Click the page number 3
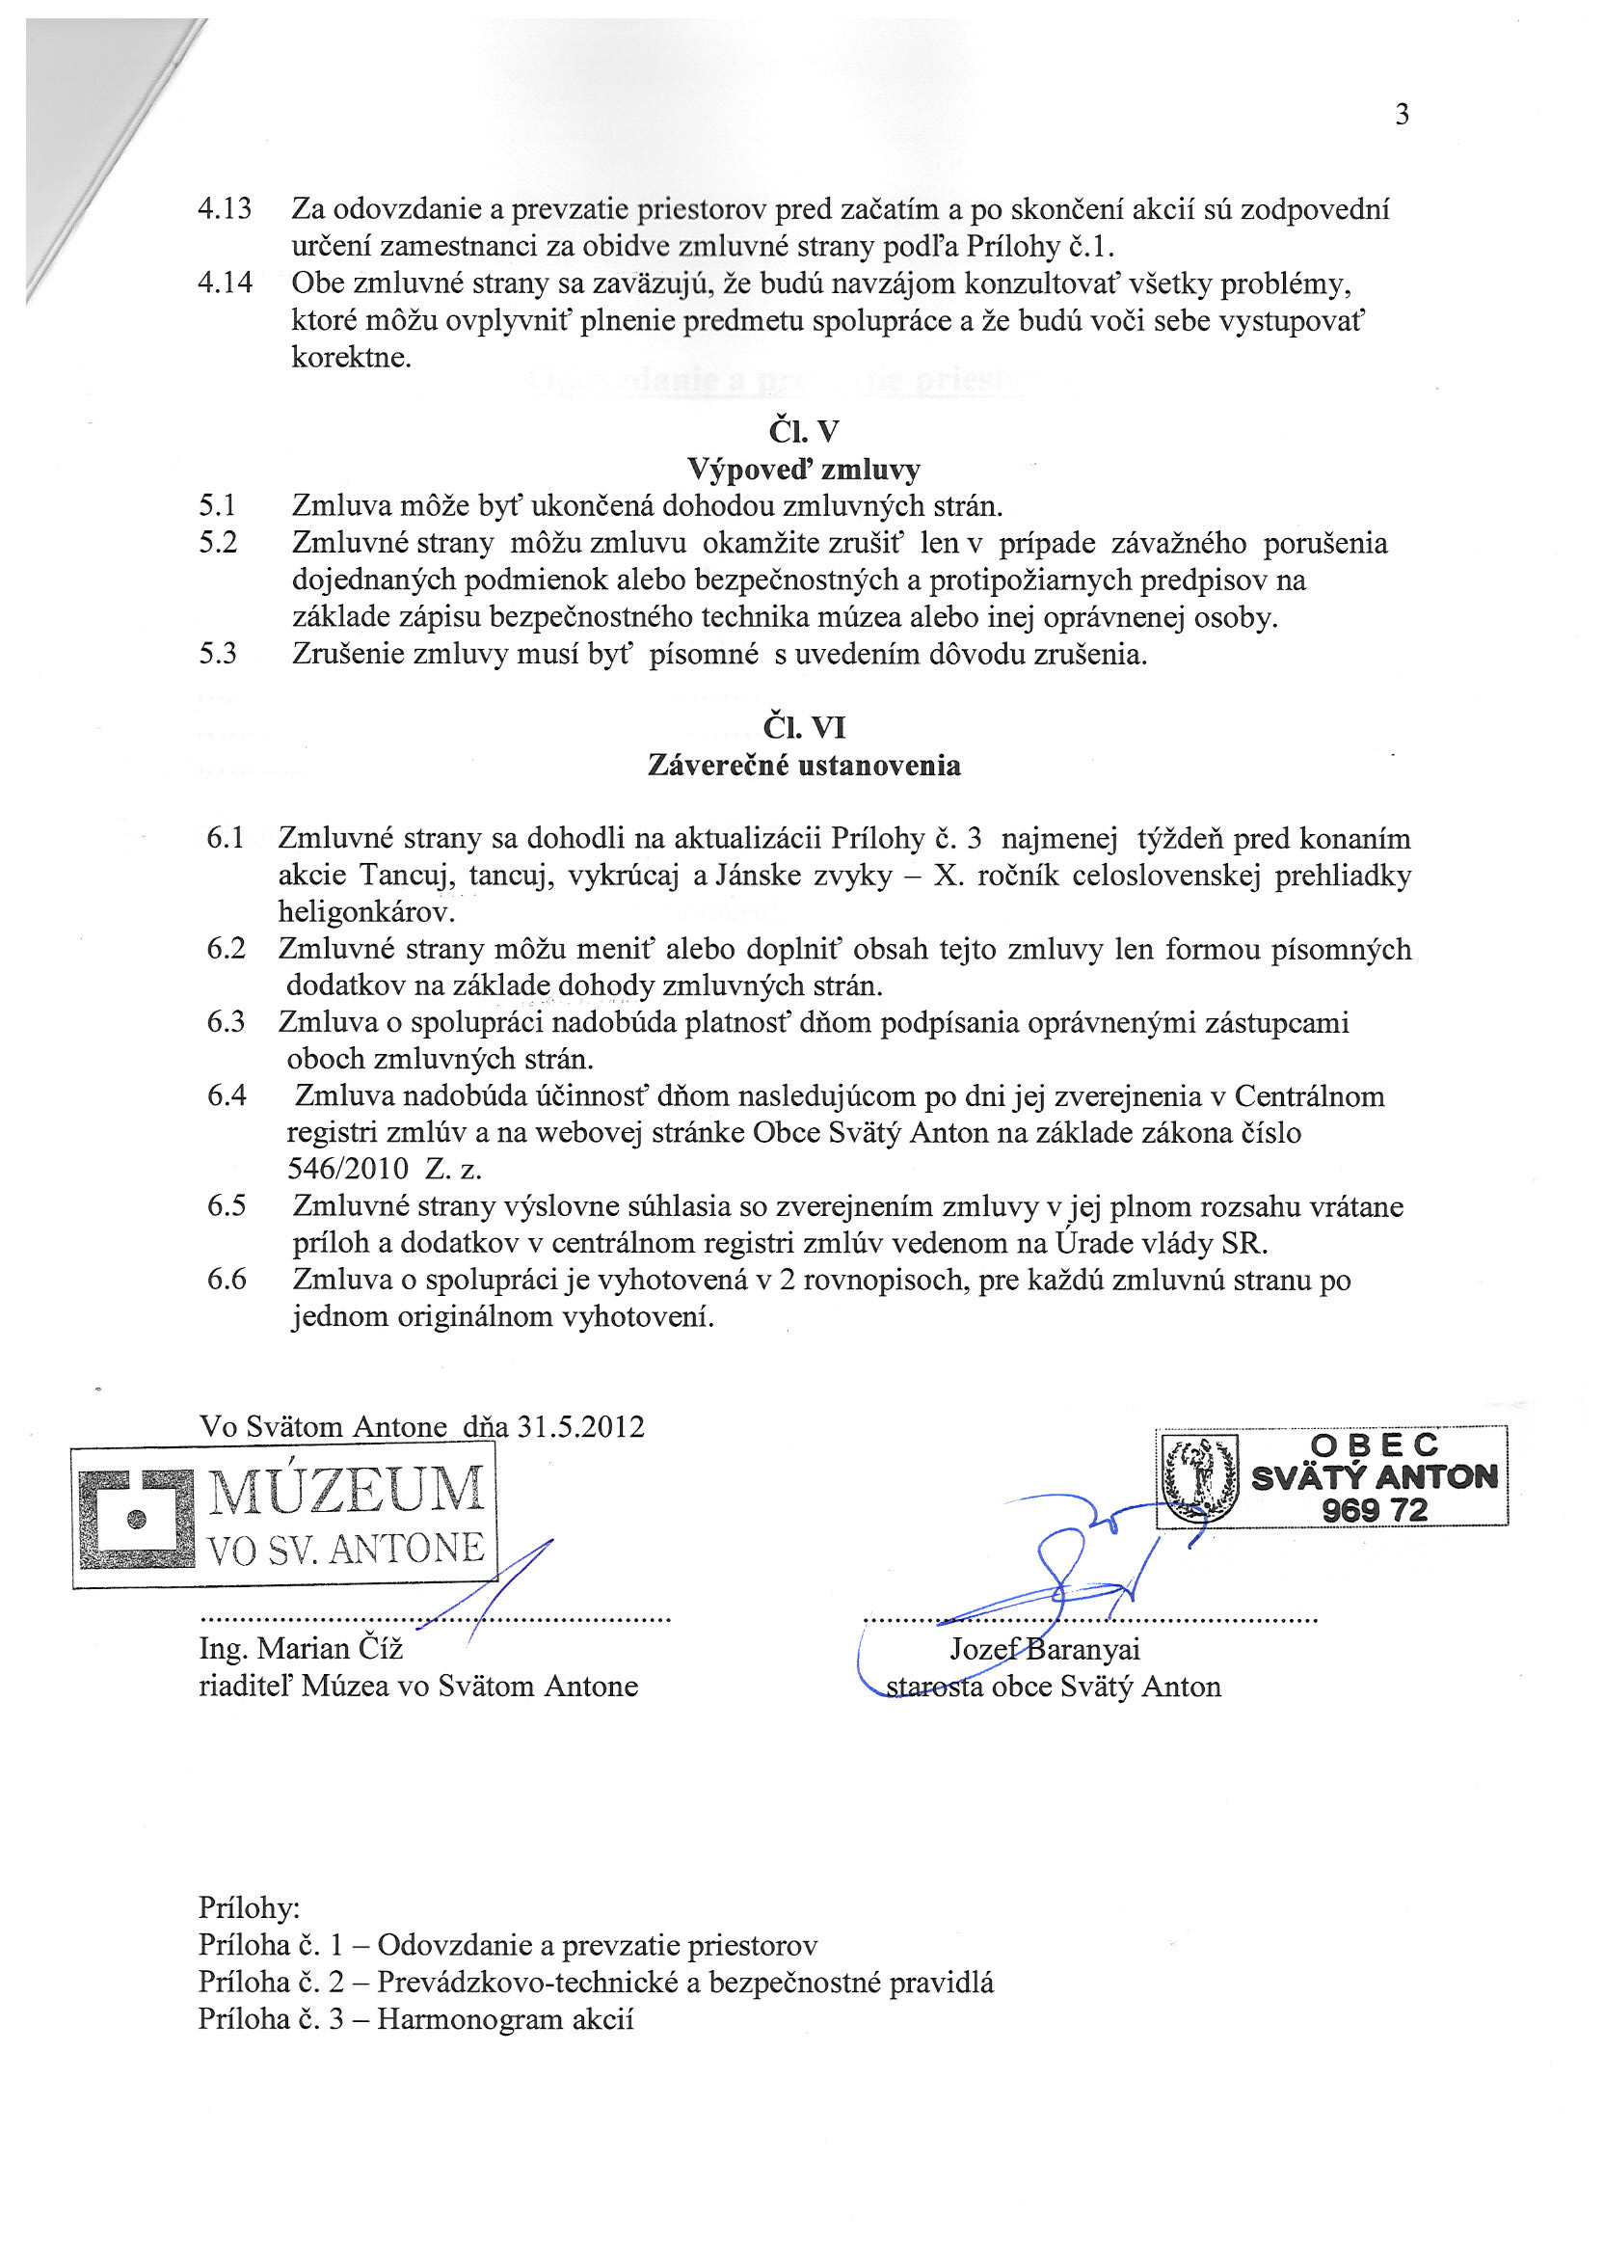(x=1402, y=116)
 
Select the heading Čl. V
(x=803, y=432)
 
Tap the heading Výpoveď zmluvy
(x=803, y=469)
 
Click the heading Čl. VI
(x=804, y=728)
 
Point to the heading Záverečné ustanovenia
(x=804, y=766)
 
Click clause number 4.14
(x=226, y=283)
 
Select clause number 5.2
(x=218, y=543)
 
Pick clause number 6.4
(x=227, y=1095)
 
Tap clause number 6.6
(x=227, y=1280)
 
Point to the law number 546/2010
(x=348, y=1169)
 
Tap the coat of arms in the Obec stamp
(x=1200, y=1476)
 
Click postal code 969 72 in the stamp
(x=1374, y=1510)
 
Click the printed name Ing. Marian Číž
(x=302, y=1649)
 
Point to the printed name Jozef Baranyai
(x=1045, y=1649)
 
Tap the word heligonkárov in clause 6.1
(x=366, y=910)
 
